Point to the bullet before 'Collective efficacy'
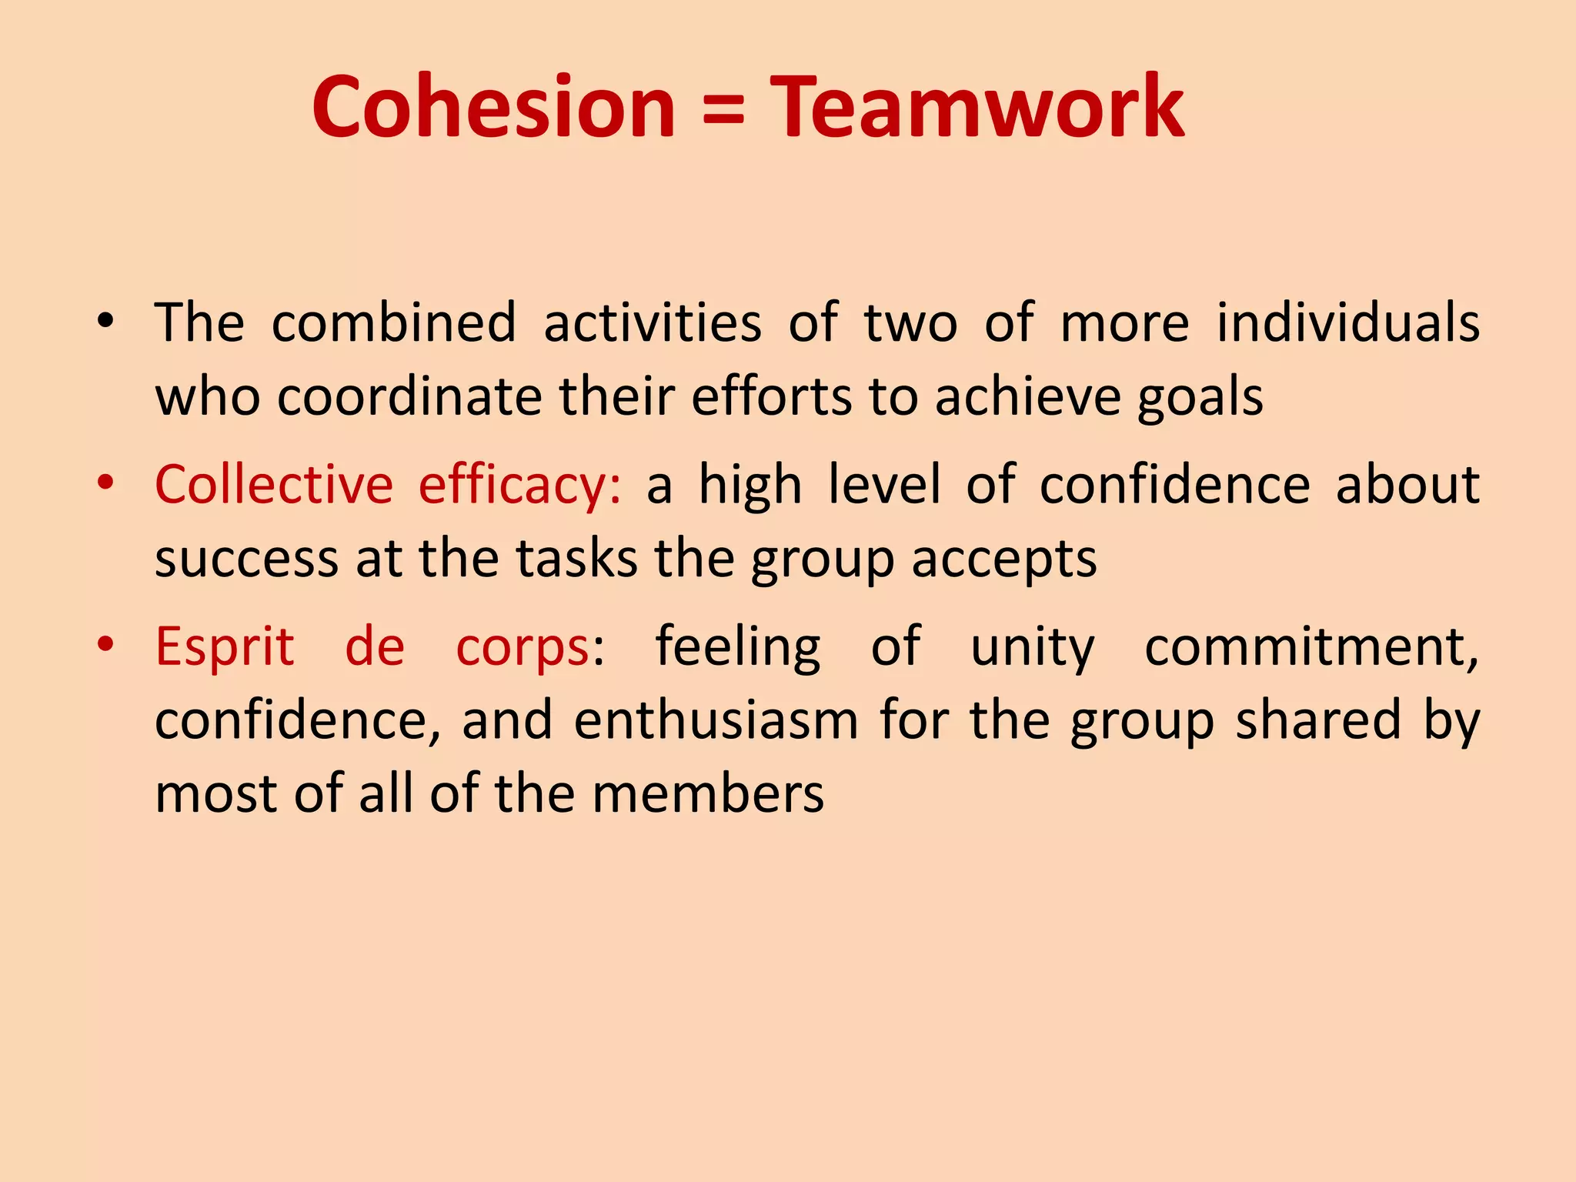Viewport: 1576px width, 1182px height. point(105,482)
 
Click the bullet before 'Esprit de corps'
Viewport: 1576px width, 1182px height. point(105,644)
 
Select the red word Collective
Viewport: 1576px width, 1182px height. point(274,484)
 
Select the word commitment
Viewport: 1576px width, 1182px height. point(1311,646)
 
